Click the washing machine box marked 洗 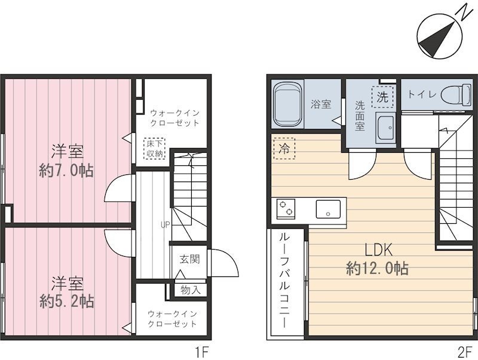pos(381,96)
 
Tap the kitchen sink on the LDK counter pos(328,210)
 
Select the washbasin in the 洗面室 pos(385,127)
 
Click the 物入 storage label pos(190,290)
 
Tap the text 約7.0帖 pos(66,170)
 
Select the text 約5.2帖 pos(66,300)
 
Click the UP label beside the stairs pos(164,225)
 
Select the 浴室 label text pos(321,104)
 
